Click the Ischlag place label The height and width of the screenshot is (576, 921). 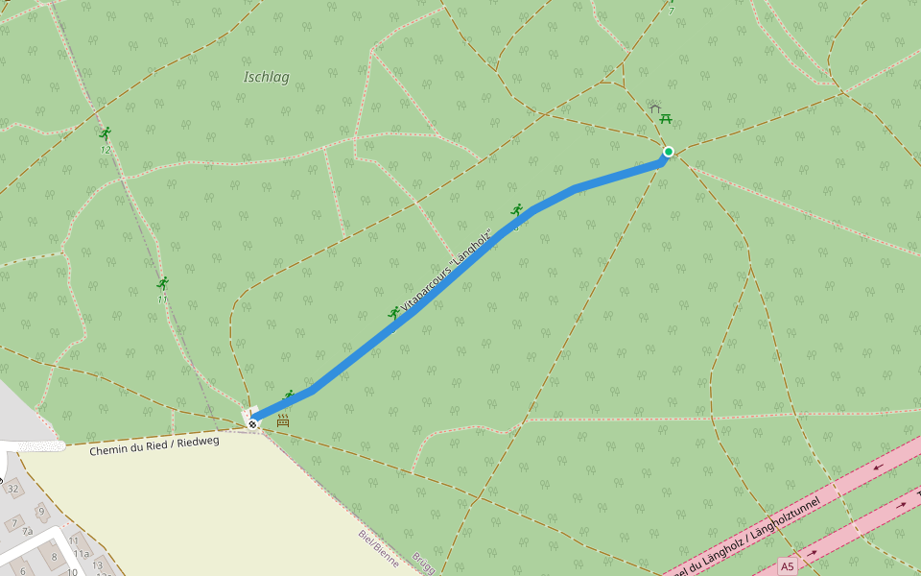[x=266, y=78]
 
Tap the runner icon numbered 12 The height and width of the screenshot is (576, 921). [x=105, y=133]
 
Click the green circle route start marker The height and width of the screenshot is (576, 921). [x=668, y=151]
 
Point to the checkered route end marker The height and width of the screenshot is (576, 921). [x=252, y=423]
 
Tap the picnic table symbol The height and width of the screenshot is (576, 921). [x=666, y=119]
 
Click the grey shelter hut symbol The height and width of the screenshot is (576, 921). [x=655, y=108]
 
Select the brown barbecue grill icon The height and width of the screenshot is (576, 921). [x=283, y=420]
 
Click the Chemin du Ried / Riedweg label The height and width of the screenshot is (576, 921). [x=154, y=446]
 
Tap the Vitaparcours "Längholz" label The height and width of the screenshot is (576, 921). [x=447, y=270]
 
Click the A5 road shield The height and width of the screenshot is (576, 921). [x=788, y=566]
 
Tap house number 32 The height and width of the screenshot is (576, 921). [x=13, y=489]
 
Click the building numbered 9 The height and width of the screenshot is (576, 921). [x=40, y=510]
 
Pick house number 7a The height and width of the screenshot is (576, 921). [x=28, y=531]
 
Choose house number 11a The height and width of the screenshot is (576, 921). [x=81, y=554]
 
